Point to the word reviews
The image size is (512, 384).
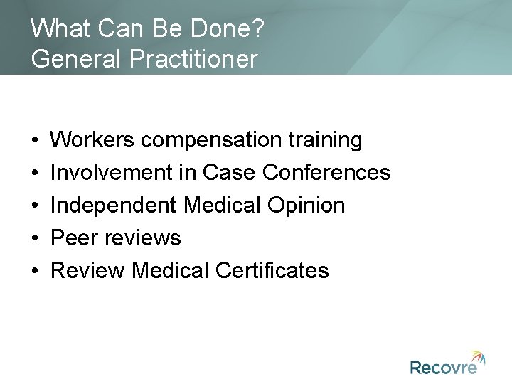click(144, 238)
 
